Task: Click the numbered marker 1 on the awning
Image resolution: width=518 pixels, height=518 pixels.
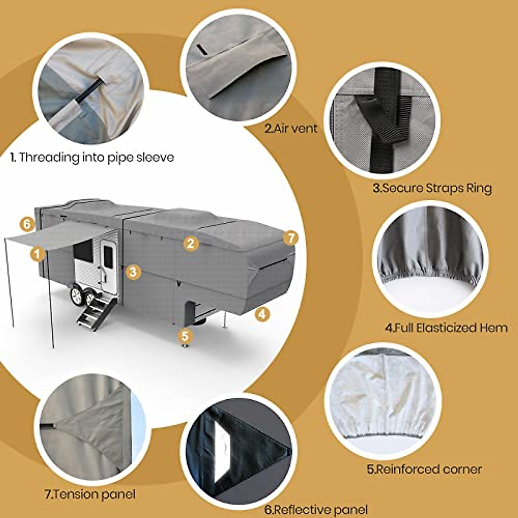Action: [38, 254]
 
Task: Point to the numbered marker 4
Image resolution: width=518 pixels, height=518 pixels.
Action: [262, 314]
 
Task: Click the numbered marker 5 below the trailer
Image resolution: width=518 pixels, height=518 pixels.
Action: [185, 335]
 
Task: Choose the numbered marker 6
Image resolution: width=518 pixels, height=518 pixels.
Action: [27, 224]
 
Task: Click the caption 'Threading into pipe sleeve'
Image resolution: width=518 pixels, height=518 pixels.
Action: [92, 157]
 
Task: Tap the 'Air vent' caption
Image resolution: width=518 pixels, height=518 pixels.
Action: [291, 128]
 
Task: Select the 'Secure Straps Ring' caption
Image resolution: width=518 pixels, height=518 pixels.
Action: [432, 188]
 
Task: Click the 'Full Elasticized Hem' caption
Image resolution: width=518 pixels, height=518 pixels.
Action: [446, 327]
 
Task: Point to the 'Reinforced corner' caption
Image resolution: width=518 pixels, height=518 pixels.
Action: [424, 469]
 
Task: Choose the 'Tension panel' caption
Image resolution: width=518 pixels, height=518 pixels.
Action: [90, 494]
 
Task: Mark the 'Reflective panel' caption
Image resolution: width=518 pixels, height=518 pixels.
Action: [316, 509]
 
